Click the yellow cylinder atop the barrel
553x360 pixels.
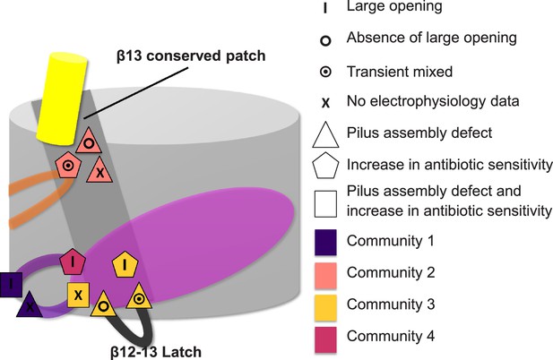(x=63, y=99)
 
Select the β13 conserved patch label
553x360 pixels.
(x=191, y=56)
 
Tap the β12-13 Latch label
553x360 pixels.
(x=156, y=352)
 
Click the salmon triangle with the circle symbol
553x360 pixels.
(x=89, y=141)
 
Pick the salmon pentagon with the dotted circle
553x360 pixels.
(x=68, y=165)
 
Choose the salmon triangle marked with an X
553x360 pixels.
(x=99, y=171)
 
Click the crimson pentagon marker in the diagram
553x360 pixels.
(x=73, y=261)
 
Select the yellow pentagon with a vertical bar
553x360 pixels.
(x=125, y=264)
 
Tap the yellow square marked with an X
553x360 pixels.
(x=78, y=295)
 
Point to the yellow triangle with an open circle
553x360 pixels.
(x=103, y=304)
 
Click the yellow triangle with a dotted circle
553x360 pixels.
(x=139, y=297)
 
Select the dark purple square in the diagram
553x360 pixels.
(x=11, y=284)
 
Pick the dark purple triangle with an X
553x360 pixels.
(x=30, y=305)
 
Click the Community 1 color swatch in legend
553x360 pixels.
(x=325, y=242)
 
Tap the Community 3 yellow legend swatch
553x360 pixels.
(x=325, y=308)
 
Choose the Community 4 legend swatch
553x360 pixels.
(x=325, y=339)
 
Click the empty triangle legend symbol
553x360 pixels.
(x=325, y=135)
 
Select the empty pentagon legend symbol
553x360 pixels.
(x=325, y=166)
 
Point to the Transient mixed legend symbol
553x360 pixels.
(x=325, y=72)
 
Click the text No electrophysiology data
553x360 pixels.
(x=433, y=101)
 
